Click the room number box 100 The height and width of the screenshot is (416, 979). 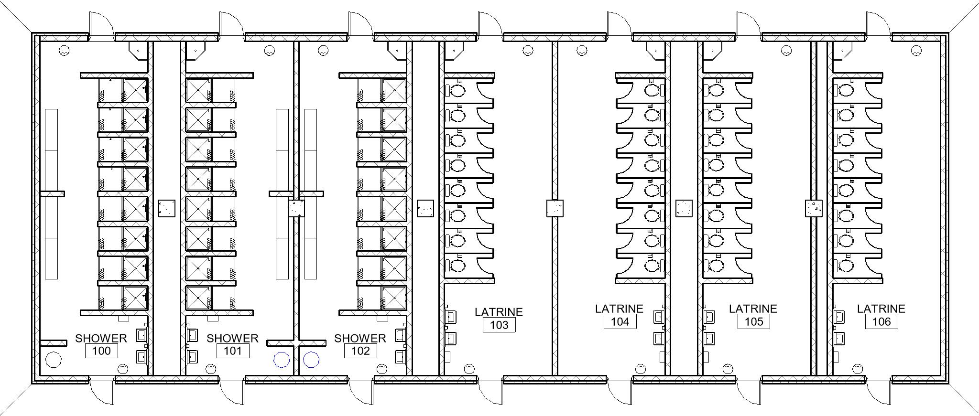coord(101,351)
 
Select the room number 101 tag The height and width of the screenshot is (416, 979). coord(233,351)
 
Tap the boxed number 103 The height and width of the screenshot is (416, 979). coord(499,325)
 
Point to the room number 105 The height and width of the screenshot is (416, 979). coord(754,321)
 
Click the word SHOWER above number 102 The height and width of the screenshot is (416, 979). coord(360,338)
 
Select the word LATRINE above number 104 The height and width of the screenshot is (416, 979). coord(619,309)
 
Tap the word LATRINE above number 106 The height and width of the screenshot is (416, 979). coord(881,309)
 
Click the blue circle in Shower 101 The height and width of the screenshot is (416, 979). coord(282,360)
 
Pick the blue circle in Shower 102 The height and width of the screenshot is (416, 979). coord(311,360)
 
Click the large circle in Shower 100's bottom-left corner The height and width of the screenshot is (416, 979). coord(53,360)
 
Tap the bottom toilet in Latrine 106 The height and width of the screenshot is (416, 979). coord(844,265)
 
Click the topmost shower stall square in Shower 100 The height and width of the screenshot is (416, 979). coord(135,90)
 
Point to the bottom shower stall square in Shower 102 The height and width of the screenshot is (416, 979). coord(394,298)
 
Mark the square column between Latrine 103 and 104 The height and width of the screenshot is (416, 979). coord(555,208)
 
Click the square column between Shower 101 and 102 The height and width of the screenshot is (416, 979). coord(296,208)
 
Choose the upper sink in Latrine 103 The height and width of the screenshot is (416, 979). coord(450,317)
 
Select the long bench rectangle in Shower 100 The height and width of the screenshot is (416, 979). coord(51,194)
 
